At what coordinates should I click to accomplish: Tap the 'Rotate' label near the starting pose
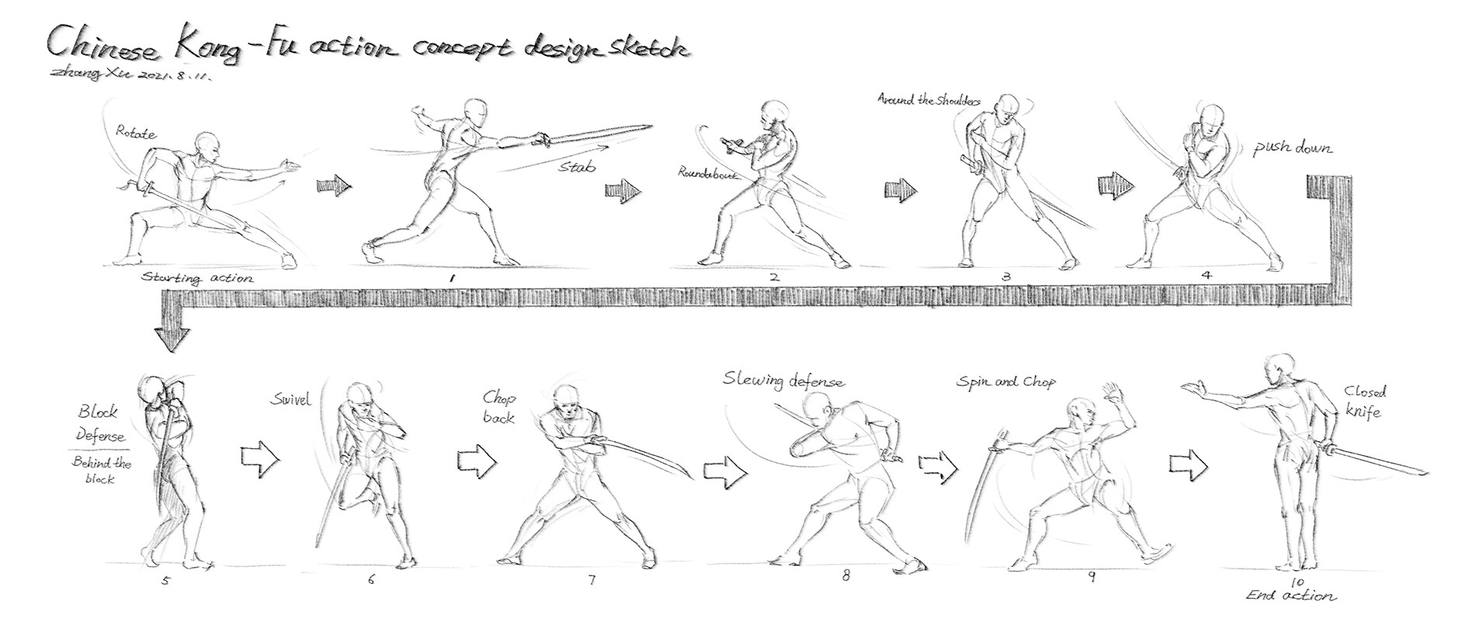tap(136, 133)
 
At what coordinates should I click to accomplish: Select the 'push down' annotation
tap(1293, 148)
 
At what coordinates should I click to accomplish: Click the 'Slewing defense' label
tap(783, 380)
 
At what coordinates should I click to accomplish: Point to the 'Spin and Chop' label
tap(1005, 382)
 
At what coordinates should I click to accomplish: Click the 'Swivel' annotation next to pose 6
tap(290, 400)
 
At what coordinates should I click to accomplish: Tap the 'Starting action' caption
tap(197, 277)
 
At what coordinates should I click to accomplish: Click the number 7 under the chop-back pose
tap(592, 579)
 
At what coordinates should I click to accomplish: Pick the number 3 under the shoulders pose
tap(1006, 276)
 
